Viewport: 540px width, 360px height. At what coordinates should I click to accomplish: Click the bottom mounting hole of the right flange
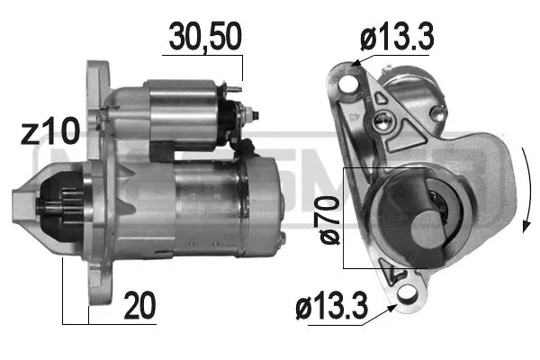pyautogui.click(x=407, y=292)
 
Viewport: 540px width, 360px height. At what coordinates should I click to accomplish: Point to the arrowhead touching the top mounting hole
pyautogui.click(x=356, y=63)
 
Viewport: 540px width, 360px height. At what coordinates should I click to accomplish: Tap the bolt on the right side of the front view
pyautogui.click(x=440, y=112)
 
